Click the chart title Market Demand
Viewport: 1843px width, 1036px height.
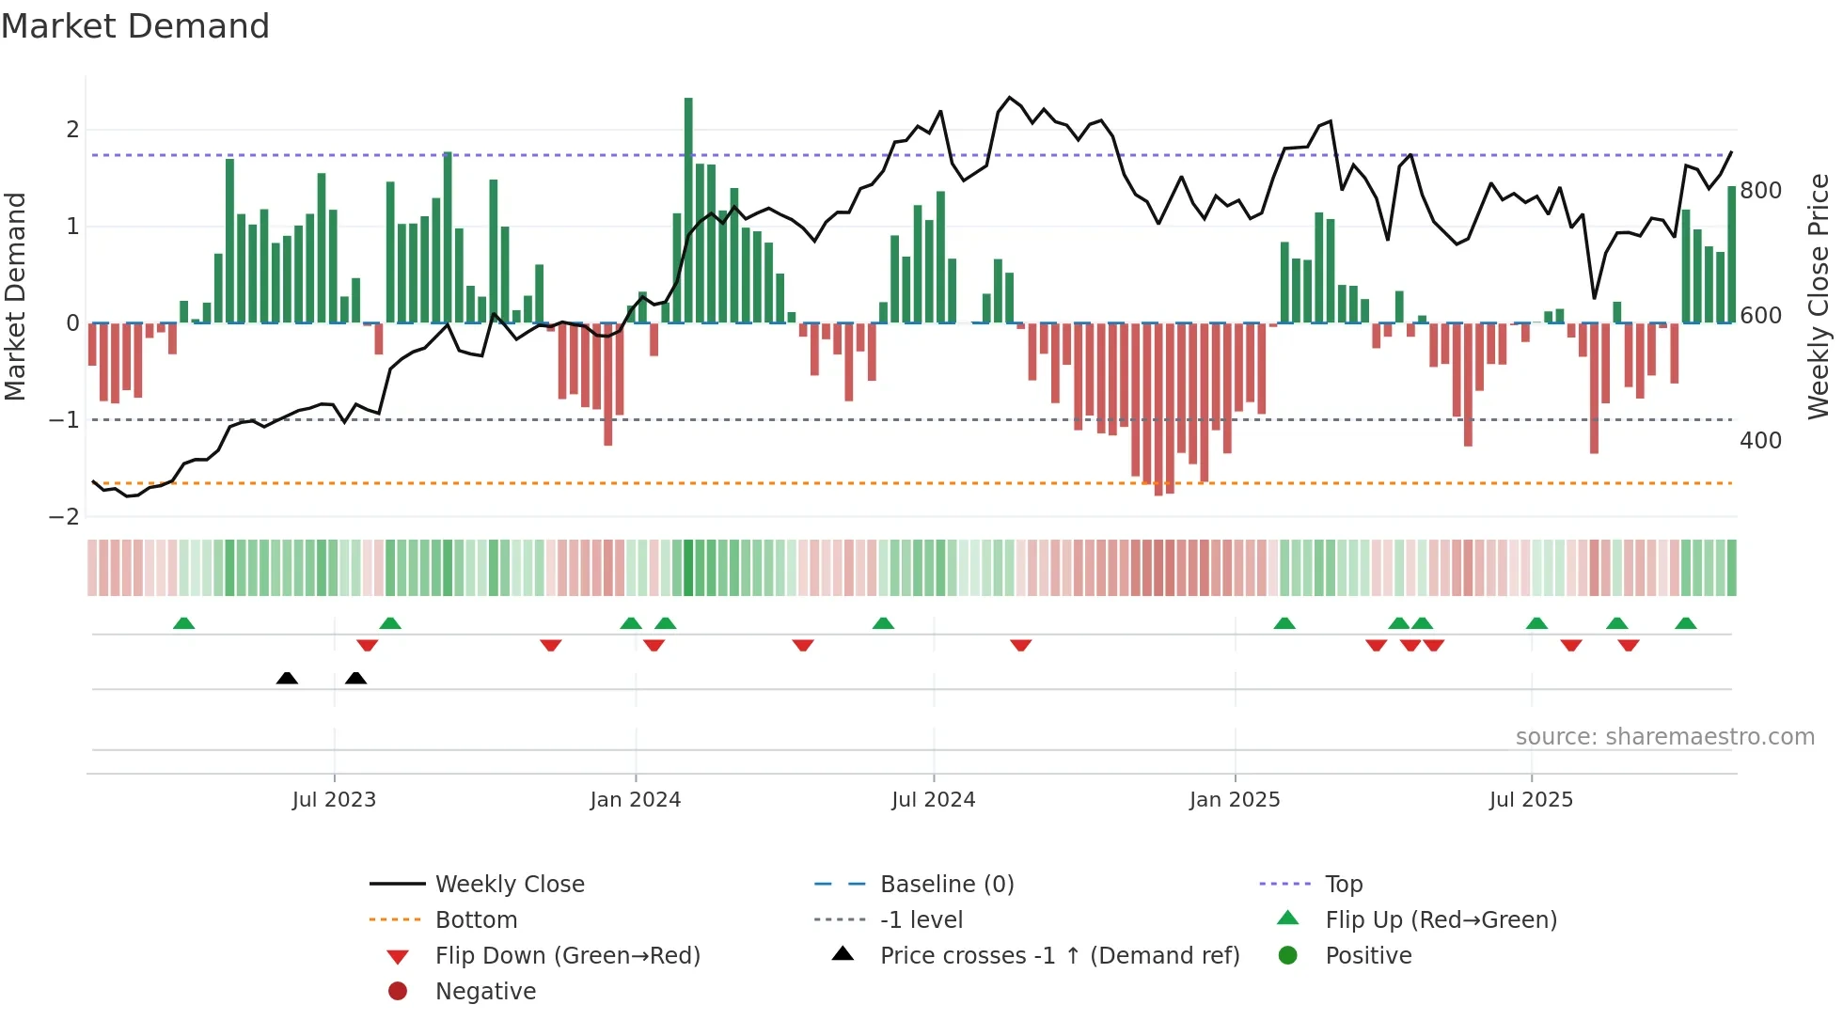[135, 26]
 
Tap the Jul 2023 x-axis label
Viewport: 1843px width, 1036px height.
[334, 800]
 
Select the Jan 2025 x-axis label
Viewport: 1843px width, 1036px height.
[1234, 800]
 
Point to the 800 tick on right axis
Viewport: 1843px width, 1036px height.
[1760, 191]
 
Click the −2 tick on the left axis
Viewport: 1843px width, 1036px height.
[65, 517]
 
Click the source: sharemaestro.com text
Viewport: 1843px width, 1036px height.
[1664, 737]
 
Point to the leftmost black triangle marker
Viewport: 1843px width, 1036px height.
[287, 679]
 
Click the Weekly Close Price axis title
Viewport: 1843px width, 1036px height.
[1819, 296]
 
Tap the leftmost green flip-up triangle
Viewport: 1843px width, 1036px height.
[184, 623]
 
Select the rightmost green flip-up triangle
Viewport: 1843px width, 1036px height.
[1685, 623]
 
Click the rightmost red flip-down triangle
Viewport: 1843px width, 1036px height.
[1629, 645]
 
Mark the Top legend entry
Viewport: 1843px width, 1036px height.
[1343, 885]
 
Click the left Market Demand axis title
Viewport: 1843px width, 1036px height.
[15, 296]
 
